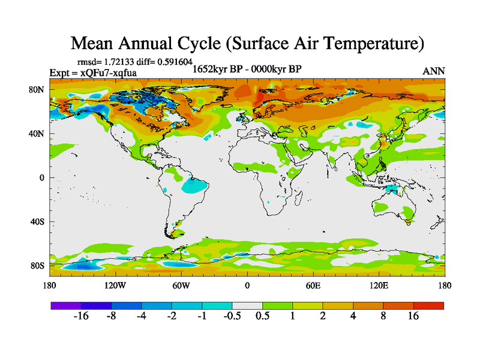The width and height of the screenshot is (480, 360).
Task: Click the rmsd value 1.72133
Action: [116, 62]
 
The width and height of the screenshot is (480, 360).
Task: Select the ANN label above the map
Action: [434, 71]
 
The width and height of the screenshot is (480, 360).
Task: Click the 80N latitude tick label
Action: [38, 90]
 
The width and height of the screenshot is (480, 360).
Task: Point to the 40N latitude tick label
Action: [38, 134]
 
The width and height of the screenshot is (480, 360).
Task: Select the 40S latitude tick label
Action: [38, 222]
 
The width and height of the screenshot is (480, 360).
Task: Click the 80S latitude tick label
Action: [38, 266]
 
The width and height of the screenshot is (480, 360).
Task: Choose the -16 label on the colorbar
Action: [81, 316]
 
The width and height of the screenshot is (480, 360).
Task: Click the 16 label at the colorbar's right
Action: [413, 316]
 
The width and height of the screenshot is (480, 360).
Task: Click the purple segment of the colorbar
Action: [66, 305]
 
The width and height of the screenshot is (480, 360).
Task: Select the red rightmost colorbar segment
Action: [428, 305]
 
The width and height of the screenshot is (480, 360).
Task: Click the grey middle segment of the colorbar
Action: [247, 305]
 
